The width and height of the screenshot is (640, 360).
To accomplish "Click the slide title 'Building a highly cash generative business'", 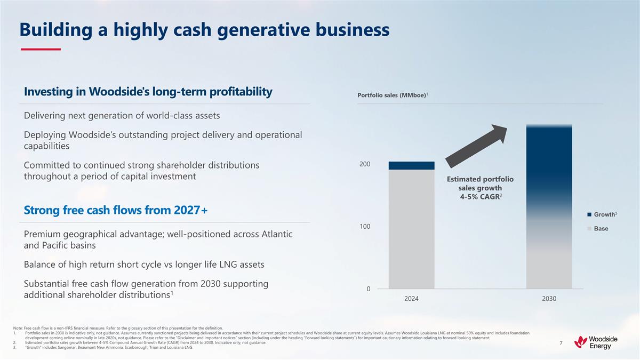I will [204, 30].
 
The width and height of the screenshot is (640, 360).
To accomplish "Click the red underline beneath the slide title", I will [41, 50].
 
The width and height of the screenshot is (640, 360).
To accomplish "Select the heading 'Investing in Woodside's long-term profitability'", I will [148, 92].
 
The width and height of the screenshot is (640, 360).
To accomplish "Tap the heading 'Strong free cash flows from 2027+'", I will [116, 211].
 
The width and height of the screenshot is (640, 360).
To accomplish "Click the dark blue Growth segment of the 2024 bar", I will [411, 165].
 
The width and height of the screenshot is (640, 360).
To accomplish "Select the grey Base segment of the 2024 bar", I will [411, 229].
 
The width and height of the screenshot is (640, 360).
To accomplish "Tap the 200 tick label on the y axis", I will [364, 164].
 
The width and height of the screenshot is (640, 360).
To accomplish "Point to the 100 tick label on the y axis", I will [364, 227].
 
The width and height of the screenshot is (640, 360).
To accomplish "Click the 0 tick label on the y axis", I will [367, 289].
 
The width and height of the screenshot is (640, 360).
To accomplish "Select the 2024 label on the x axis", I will [411, 299].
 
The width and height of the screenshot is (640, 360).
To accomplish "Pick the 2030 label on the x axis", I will [549, 299].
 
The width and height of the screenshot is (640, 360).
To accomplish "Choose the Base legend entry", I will [601, 228].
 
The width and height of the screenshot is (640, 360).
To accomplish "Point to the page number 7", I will [561, 343].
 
